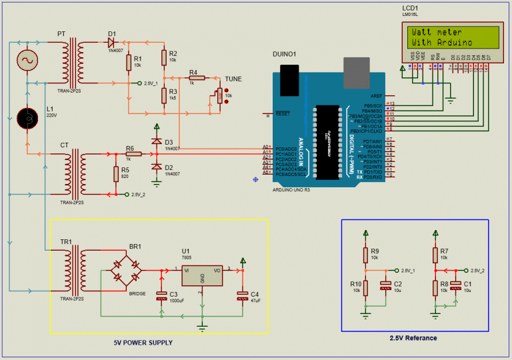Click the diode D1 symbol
click(112, 41)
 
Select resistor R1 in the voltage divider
click(129, 61)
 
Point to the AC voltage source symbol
click(28, 61)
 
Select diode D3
click(157, 143)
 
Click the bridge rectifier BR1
click(126, 270)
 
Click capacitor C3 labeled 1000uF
click(161, 296)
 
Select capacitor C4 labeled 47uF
click(242, 296)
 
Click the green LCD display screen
click(451, 37)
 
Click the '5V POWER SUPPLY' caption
click(143, 343)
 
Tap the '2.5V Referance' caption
click(413, 338)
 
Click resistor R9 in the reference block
click(365, 255)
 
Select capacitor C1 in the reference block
click(455, 286)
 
